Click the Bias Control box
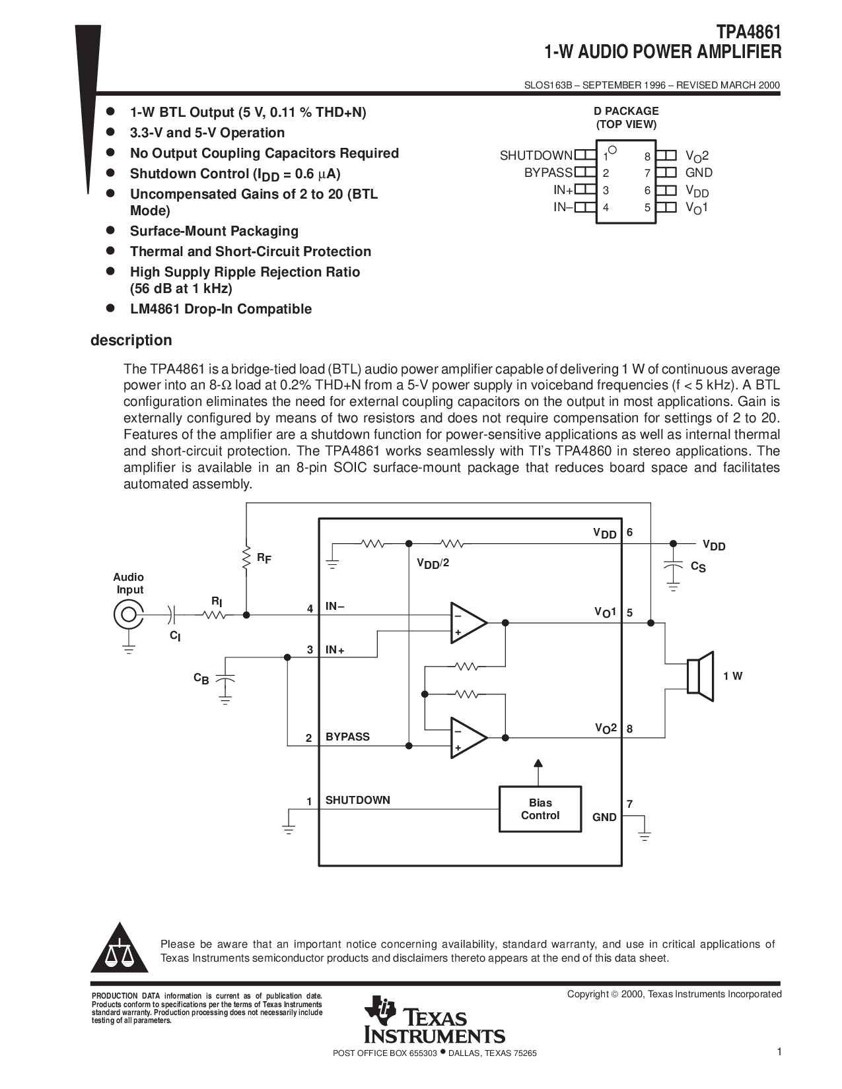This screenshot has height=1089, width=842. [x=540, y=809]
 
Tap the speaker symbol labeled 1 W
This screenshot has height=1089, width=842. [x=701, y=676]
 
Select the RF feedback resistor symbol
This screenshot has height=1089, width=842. [x=246, y=558]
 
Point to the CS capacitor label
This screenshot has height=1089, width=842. [x=698, y=566]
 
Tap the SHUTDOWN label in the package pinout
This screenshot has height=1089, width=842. [x=536, y=156]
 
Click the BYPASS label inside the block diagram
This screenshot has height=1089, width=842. [x=347, y=737]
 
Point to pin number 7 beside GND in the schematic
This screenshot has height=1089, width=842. [x=629, y=804]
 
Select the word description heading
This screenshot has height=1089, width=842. [x=131, y=341]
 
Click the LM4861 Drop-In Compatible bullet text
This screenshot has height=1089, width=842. [x=221, y=309]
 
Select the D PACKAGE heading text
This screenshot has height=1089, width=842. [x=626, y=111]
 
